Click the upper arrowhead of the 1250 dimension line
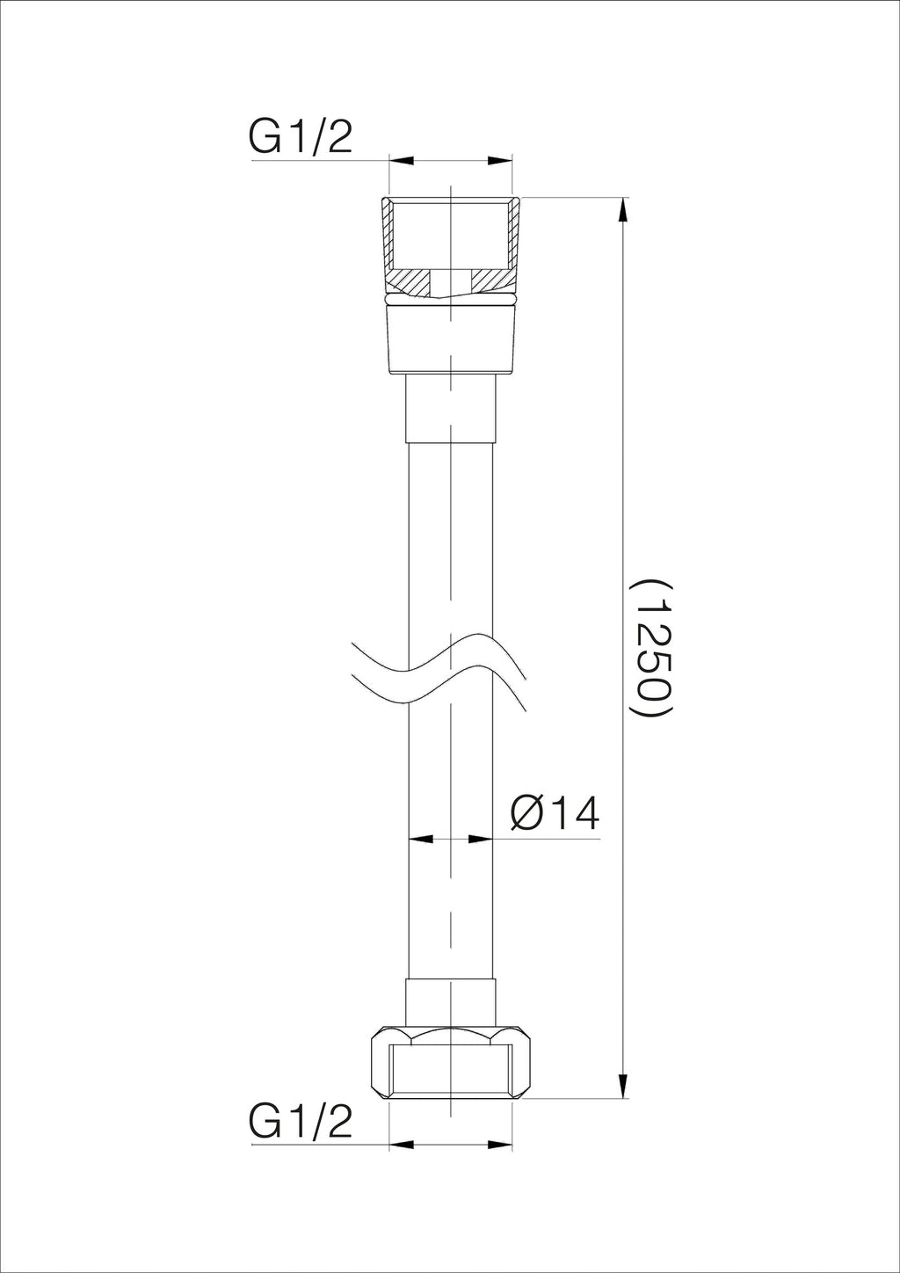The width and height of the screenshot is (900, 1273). click(624, 211)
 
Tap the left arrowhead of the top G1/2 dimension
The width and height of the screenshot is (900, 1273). click(401, 161)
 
